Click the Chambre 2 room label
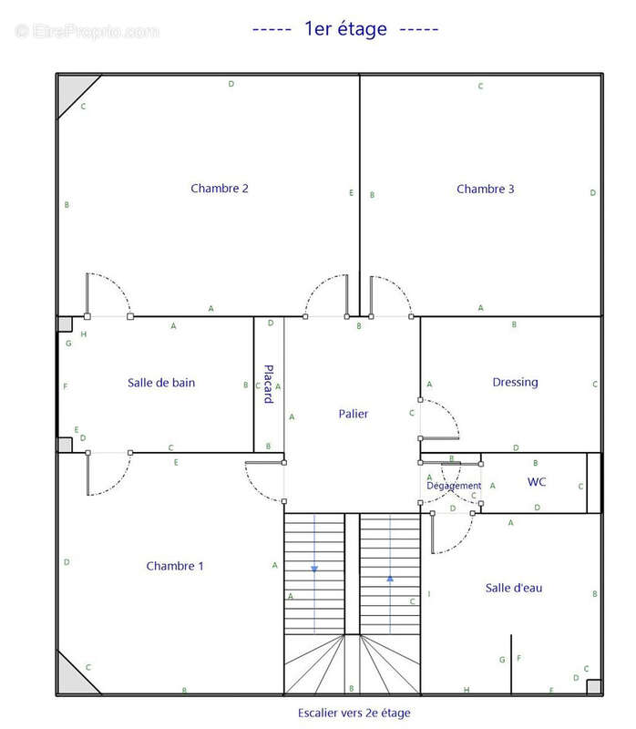pos(220,189)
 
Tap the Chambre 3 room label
pos(486,189)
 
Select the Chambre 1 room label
pos(175,566)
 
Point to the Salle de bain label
pos(161,383)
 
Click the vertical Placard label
pos(268,384)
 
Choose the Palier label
pos(354,414)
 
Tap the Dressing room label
pos(515,382)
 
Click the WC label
pos(537,482)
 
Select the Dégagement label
pos(454,486)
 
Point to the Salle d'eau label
pos(514,588)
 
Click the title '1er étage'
pos(345,29)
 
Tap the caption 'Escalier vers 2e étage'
pos(354,713)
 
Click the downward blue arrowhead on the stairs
pos(314,569)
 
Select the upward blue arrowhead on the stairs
pos(390,579)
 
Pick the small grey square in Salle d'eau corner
pos(594,687)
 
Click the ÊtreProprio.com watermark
pos(87,31)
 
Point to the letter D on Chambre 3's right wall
pos(593,192)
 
